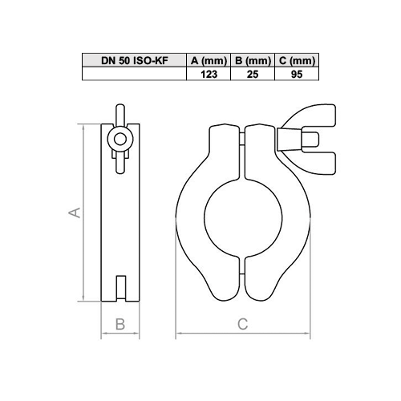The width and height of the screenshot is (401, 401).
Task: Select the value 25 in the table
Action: click(251, 74)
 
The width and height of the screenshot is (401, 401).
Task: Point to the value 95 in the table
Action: click(295, 74)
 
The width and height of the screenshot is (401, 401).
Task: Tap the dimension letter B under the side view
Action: click(119, 324)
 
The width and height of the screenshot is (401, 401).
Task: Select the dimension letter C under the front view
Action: click(242, 324)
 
